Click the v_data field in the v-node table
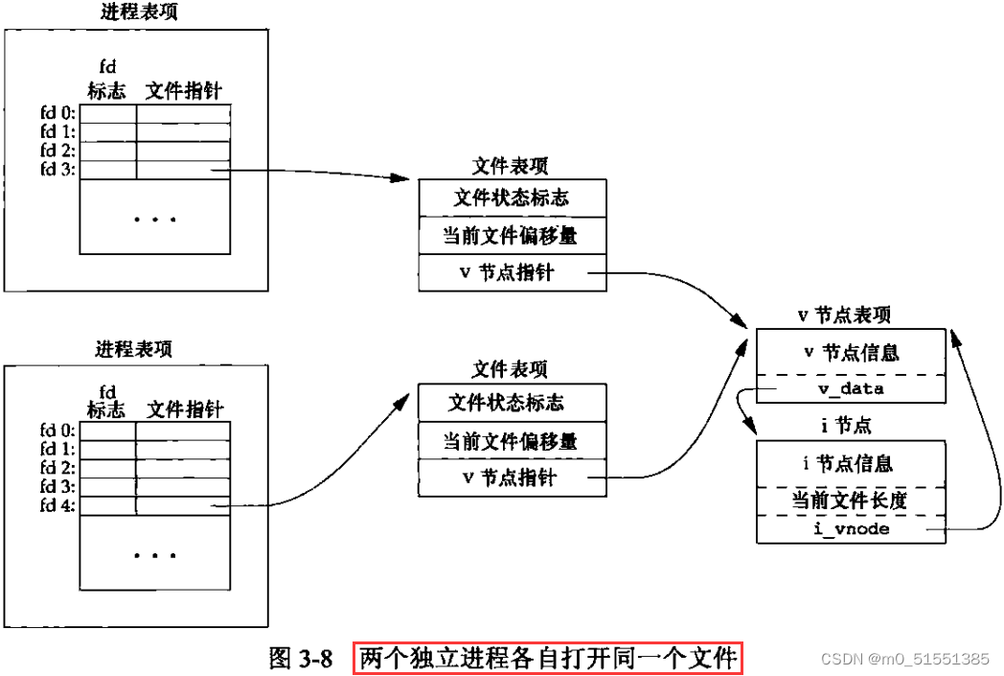[x=851, y=388]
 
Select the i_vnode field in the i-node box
[x=851, y=528]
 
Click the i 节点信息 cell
[x=851, y=463]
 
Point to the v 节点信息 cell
[x=851, y=352]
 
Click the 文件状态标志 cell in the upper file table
[x=512, y=198]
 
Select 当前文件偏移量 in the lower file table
[x=511, y=441]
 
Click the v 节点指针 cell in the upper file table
[x=512, y=272]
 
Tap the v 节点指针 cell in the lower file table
[x=511, y=478]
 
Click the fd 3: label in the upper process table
[x=58, y=170]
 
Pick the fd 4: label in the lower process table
[x=58, y=505]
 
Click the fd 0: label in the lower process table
[x=58, y=431]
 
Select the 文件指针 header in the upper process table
[x=184, y=91]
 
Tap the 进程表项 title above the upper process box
[x=138, y=12]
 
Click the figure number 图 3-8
[x=300, y=659]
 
